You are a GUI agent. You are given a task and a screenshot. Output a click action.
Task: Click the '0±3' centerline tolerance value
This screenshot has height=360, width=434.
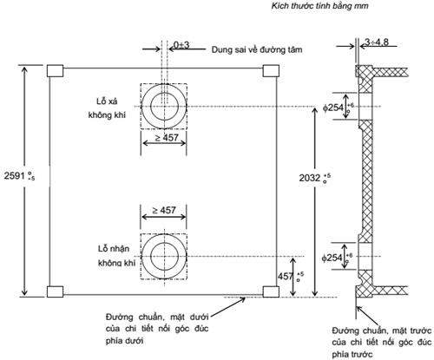click(x=182, y=43)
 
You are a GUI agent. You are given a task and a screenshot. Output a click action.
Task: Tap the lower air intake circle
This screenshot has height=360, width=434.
click(x=163, y=258)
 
